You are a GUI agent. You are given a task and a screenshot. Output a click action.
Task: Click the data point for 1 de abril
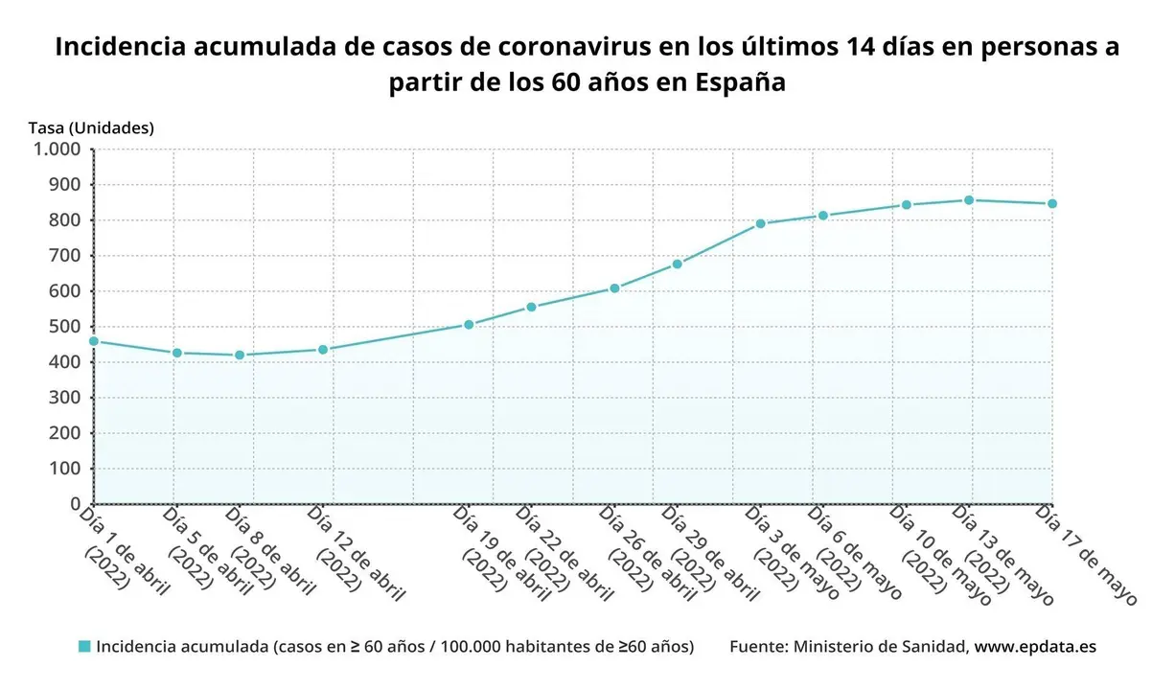point(94,341)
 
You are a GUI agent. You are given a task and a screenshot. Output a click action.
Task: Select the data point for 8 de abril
point(240,356)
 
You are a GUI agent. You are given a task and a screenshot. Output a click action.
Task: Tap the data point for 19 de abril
point(469,325)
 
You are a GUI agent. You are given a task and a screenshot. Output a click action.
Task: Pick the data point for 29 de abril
point(677,264)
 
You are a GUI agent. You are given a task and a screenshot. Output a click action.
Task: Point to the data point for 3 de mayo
point(760,224)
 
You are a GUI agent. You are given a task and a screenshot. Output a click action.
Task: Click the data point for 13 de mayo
point(969,200)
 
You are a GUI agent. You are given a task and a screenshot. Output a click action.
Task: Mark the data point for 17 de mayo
point(1051,204)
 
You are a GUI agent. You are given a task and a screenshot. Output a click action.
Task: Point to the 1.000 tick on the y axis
point(58,149)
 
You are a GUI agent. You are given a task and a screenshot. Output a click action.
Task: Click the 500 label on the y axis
point(65,327)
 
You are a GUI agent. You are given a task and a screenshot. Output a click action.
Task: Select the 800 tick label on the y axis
point(65,220)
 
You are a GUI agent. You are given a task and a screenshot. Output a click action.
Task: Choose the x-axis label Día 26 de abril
point(646,554)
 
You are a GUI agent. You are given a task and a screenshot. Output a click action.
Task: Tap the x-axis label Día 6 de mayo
point(854,553)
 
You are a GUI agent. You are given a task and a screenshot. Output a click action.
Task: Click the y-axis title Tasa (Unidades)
point(91,126)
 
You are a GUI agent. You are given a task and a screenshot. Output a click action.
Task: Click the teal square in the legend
point(84,647)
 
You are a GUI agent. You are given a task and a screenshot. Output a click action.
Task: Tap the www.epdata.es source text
point(1035,647)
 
